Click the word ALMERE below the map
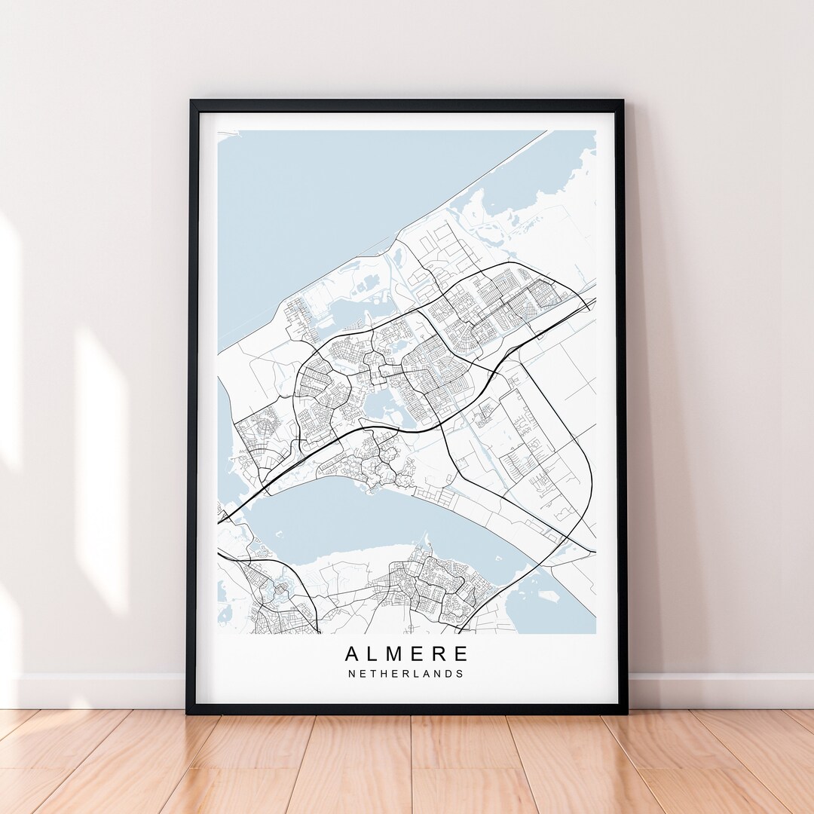pos(407,653)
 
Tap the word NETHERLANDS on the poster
pos(407,674)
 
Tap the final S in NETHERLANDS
pos(461,674)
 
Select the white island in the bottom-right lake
pos(547,595)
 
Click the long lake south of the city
pos(362,520)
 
